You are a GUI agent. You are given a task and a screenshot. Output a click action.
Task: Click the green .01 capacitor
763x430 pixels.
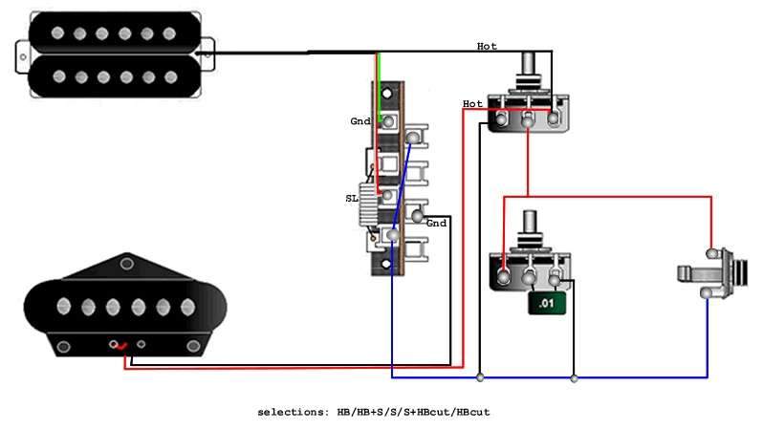click(x=545, y=304)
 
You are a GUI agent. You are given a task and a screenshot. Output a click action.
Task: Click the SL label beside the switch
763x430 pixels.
click(x=352, y=199)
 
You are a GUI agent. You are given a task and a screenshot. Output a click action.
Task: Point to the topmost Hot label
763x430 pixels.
click(x=487, y=46)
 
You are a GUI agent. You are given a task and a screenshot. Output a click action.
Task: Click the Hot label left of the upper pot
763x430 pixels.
click(x=472, y=103)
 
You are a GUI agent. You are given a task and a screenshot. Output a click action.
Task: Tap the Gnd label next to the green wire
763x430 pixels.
click(x=360, y=122)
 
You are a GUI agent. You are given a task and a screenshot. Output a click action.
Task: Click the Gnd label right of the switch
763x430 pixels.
click(x=436, y=223)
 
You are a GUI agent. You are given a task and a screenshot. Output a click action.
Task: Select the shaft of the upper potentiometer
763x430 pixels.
click(x=529, y=73)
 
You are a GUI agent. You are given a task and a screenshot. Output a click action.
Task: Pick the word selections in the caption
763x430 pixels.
click(x=292, y=412)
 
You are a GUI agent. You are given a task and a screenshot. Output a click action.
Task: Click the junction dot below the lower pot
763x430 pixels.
click(x=574, y=378)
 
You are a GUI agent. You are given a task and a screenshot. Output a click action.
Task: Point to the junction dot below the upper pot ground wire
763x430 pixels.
click(x=480, y=378)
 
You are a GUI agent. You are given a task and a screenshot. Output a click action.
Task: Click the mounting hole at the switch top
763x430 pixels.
click(x=387, y=95)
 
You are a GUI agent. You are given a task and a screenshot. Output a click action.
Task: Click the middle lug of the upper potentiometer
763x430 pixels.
click(x=528, y=119)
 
